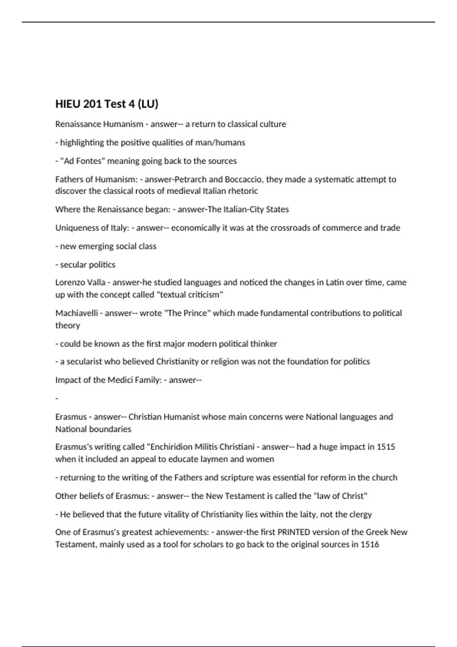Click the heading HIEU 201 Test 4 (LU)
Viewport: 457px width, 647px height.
tap(107, 104)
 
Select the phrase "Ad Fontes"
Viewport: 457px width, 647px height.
tap(83, 161)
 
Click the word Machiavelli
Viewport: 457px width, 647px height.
tap(76, 313)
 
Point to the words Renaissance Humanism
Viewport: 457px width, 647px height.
tap(99, 124)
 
